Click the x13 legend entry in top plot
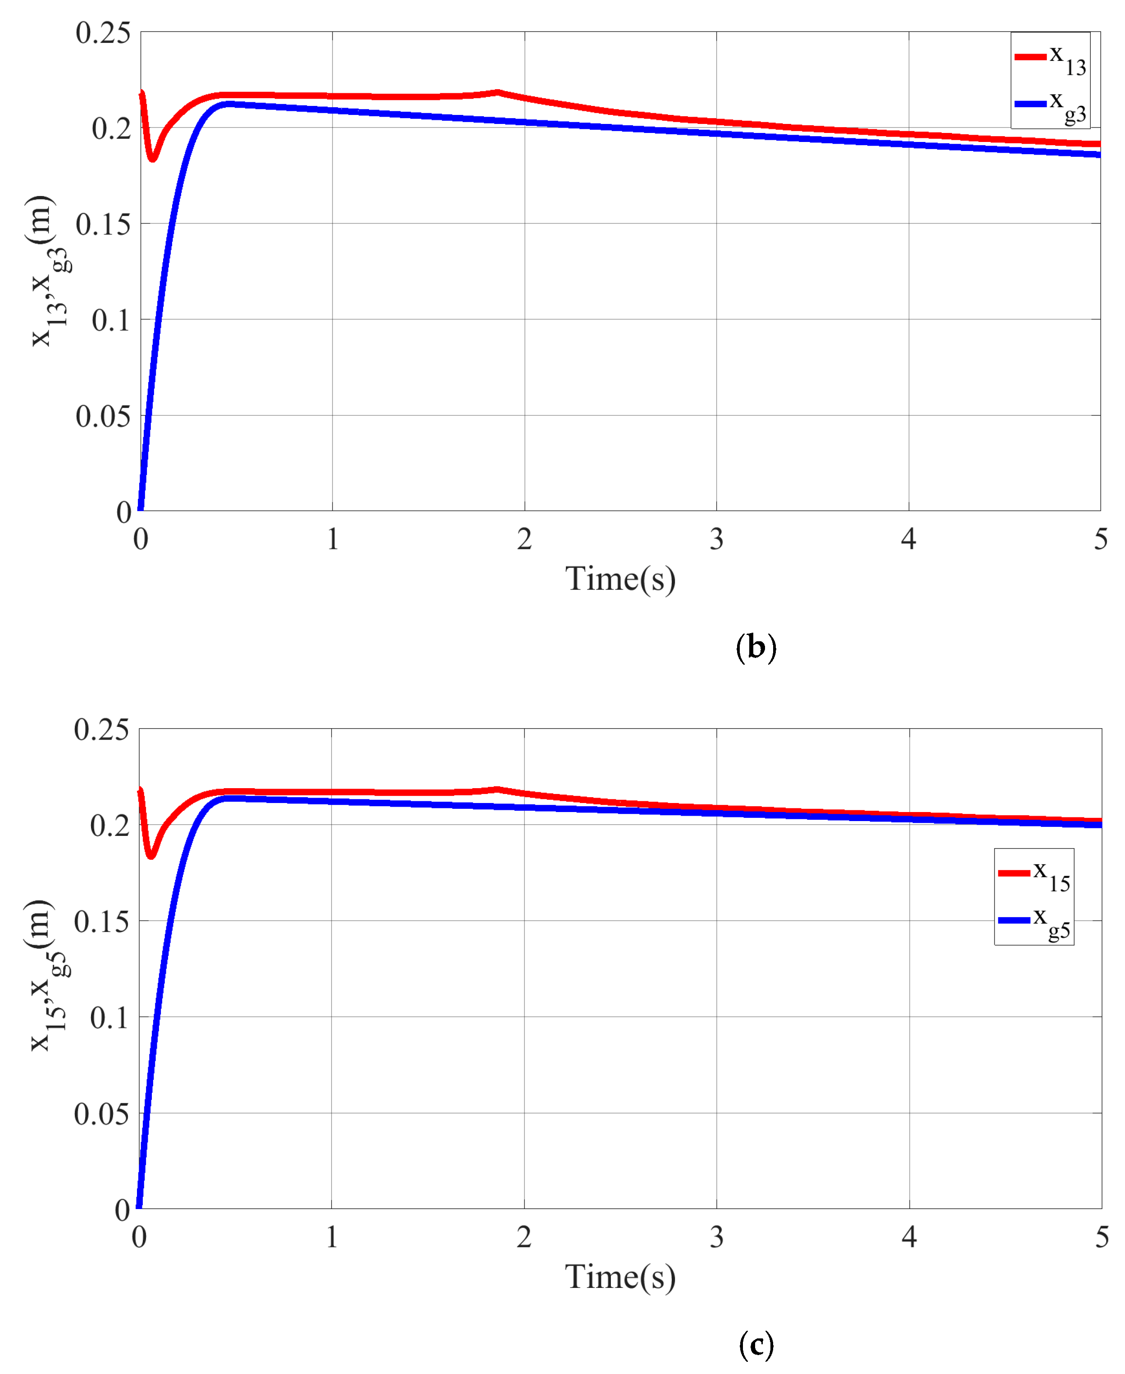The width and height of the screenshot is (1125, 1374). click(1050, 58)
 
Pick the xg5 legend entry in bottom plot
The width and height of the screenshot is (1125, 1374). click(1034, 921)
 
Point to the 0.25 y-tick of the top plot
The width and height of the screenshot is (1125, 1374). click(102, 32)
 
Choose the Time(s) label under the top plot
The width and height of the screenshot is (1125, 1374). click(620, 579)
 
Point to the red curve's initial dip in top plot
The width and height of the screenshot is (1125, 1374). click(152, 157)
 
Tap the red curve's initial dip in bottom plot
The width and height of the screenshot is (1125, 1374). click(151, 855)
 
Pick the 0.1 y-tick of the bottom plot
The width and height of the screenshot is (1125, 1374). click(109, 1018)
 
